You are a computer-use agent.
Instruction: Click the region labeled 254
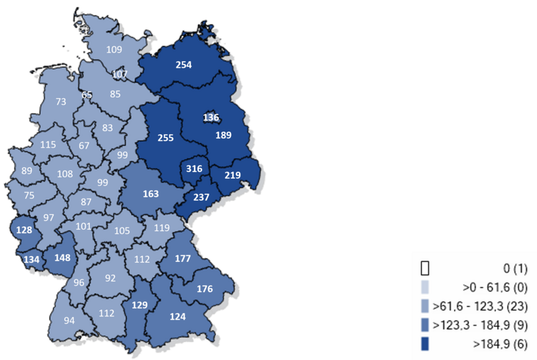point(184,65)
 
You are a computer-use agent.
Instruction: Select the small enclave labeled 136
point(210,118)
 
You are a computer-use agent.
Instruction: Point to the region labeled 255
point(165,138)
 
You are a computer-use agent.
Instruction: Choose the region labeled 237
point(201,197)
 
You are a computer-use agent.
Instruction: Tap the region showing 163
point(152,193)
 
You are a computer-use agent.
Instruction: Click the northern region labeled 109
point(114,49)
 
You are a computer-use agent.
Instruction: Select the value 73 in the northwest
point(61,101)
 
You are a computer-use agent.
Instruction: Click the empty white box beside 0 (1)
point(424,268)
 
